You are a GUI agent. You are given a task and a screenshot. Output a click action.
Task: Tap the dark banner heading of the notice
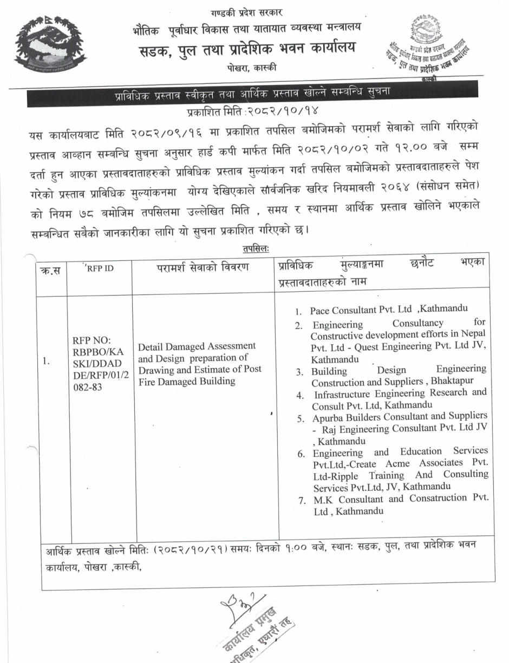(252, 95)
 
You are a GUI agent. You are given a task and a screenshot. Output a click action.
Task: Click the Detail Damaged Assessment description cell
(199, 363)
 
